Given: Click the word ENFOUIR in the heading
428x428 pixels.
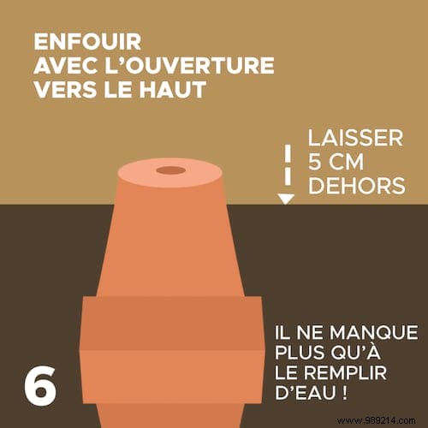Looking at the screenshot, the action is tap(87, 42).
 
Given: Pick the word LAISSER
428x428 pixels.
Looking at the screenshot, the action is tap(355, 138).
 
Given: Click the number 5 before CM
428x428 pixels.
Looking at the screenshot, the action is tap(315, 162).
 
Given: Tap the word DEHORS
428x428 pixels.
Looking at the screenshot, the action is tap(357, 186).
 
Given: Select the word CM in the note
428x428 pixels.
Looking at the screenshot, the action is tap(346, 162).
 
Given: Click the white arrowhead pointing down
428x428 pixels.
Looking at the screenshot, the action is tap(286, 199).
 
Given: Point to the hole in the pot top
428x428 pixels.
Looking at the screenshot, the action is tap(171, 170).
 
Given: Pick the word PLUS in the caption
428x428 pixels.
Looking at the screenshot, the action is tap(300, 353).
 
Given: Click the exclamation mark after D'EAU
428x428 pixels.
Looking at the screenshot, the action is tap(344, 392).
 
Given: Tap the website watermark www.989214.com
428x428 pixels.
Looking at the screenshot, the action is tap(377, 420).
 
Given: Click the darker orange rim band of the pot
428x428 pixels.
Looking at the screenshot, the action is tap(172, 324).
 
